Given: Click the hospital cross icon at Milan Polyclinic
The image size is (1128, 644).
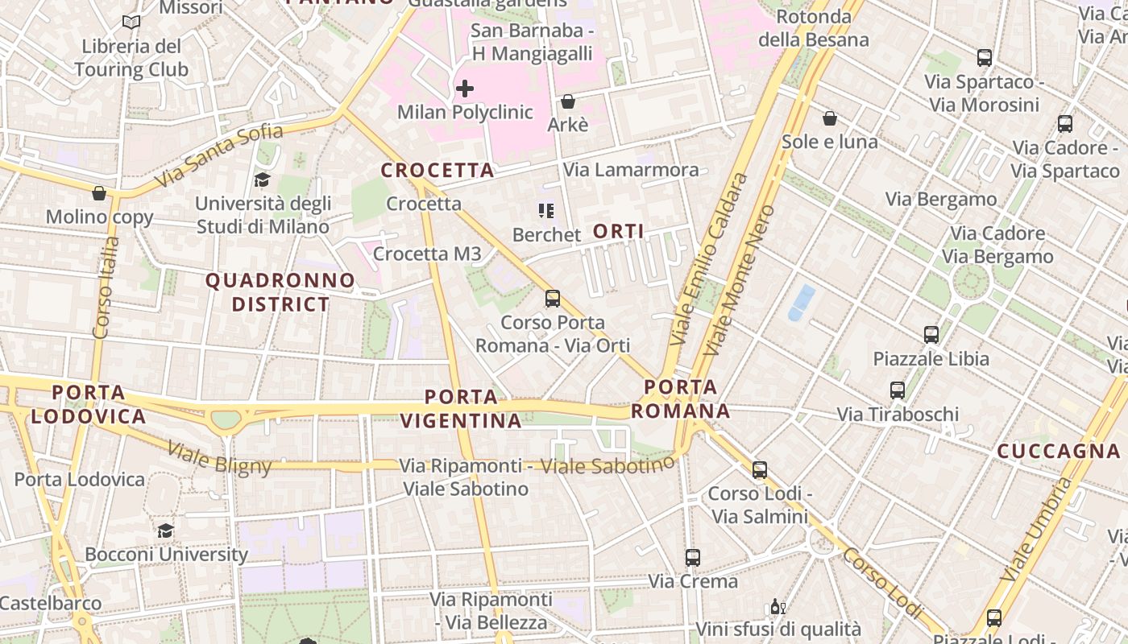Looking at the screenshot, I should point(465,88).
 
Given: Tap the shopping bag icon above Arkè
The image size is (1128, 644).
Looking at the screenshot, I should point(568,101).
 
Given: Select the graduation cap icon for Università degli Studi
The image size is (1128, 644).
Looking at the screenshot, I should point(263,180).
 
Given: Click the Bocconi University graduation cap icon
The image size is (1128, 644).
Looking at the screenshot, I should point(166,530).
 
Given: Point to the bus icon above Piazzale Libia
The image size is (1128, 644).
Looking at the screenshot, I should point(931,334).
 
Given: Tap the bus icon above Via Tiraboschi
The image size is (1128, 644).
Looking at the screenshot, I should point(898,390).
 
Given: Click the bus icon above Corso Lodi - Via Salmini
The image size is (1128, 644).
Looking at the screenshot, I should point(760,469).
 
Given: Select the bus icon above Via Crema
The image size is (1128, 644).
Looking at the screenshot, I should point(693,557).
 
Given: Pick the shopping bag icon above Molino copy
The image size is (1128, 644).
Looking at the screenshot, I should point(99,193).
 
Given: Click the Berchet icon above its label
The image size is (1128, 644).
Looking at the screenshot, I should point(546,211).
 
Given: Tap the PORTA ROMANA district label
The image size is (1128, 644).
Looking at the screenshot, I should point(681,399).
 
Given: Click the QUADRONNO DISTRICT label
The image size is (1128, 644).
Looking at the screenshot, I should point(280,292).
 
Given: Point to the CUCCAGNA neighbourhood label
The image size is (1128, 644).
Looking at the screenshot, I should point(1060,452).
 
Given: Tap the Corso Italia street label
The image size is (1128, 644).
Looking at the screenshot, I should point(106,286).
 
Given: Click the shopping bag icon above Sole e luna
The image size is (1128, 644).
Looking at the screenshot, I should point(830,118).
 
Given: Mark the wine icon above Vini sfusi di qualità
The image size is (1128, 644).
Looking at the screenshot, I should point(778,607).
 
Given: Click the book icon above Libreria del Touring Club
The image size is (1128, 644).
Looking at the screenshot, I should point(131,23).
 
